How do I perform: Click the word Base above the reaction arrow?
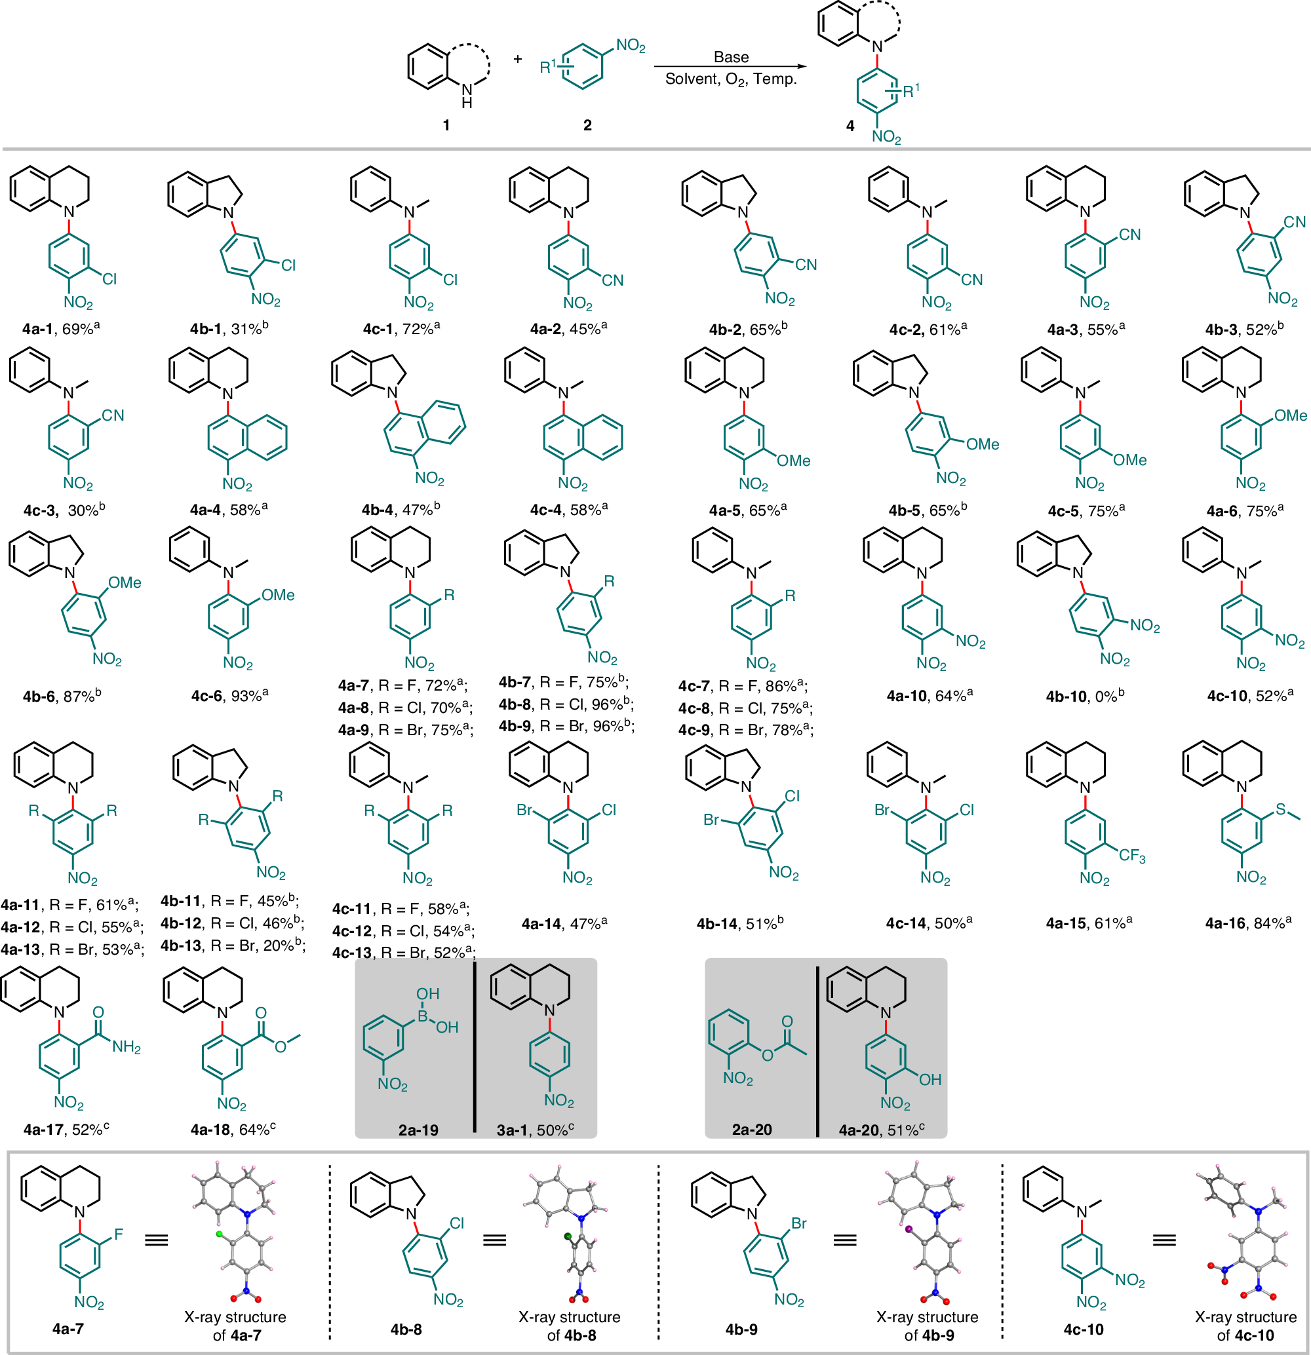coord(731,58)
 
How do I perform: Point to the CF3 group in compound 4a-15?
coord(1132,856)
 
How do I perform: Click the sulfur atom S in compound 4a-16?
coord(1280,809)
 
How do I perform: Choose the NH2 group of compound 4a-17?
coord(126,1047)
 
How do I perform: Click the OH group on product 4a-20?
coord(930,1079)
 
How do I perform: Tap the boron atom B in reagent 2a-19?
coord(423,1016)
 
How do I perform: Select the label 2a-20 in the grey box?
coord(752,1130)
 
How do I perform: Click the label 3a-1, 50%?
coord(534,1130)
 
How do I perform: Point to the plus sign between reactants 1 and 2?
coord(518,59)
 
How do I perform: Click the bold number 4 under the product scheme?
coord(850,126)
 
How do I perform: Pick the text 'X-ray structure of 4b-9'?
coord(928,1326)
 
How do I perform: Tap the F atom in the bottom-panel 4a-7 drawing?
coord(119,1234)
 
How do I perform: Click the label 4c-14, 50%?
coord(929,923)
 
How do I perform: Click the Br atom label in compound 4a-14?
coord(524,810)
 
